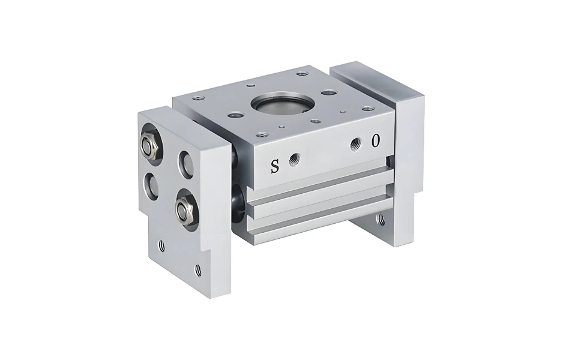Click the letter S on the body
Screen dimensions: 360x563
275,166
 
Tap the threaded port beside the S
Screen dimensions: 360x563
294,159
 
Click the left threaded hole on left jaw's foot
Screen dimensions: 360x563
161,245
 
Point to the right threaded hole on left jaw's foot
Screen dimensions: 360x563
198,271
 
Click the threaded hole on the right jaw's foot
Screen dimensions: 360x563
381,220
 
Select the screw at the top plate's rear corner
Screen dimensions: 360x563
303,74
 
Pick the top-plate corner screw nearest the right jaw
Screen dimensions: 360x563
368,109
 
